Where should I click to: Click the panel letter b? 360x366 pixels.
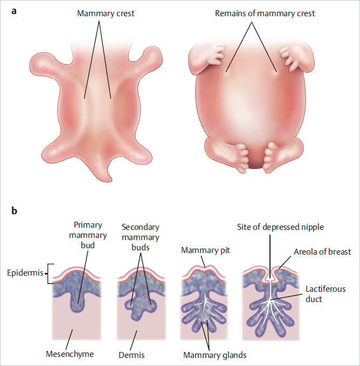coord(14,210)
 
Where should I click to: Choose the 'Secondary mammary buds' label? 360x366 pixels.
coord(140,237)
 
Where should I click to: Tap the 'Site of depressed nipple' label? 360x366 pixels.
coord(280,227)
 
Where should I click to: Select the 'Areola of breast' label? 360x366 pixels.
coord(323,251)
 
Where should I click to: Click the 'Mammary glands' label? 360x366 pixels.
coord(215,355)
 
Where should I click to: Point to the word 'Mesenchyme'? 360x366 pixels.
coord(70,354)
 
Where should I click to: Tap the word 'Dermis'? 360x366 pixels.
coord(131,355)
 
